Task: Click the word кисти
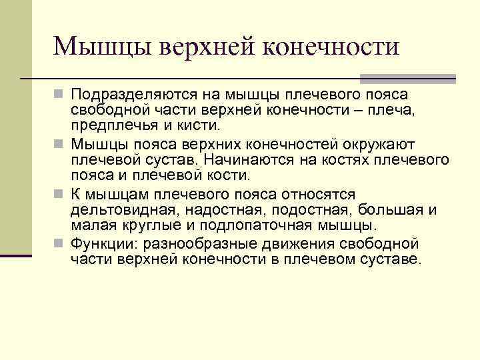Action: pyautogui.click(x=203, y=125)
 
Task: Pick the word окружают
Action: pyautogui.click(x=360, y=145)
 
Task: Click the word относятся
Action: pyautogui.click(x=314, y=194)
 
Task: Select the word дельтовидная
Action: pyautogui.click(x=117, y=210)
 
